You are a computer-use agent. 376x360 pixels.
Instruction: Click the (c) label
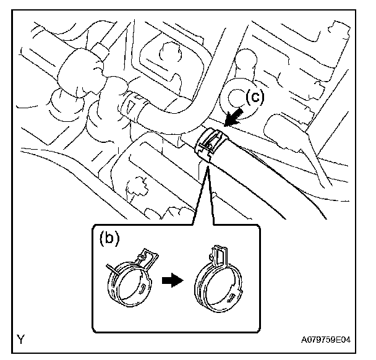(256, 96)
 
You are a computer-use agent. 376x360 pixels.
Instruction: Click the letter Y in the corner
(22, 339)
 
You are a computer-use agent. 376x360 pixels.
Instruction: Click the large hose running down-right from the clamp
(260, 179)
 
